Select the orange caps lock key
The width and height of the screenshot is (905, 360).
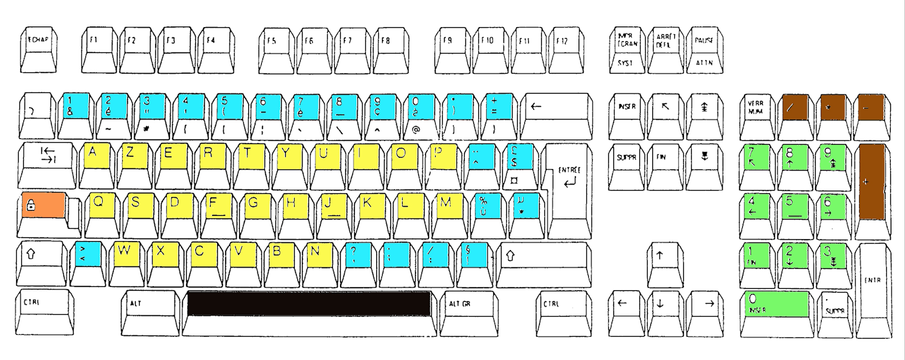[43, 205]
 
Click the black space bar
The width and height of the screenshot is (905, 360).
[309, 304]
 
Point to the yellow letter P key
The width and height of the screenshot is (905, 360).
[438, 156]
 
